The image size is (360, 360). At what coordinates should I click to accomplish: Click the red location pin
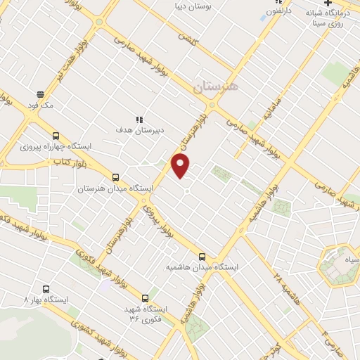[181, 165]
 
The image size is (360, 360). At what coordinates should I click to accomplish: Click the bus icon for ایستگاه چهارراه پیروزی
[56, 136]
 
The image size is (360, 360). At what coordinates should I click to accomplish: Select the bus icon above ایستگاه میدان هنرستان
[115, 177]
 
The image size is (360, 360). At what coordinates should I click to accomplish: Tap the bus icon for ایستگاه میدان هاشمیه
[202, 257]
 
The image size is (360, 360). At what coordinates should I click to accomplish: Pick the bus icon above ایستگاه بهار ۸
[46, 289]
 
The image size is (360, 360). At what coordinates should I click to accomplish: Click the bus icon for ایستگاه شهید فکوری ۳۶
[145, 297]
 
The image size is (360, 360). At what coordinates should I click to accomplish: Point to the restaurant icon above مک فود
[41, 93]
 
